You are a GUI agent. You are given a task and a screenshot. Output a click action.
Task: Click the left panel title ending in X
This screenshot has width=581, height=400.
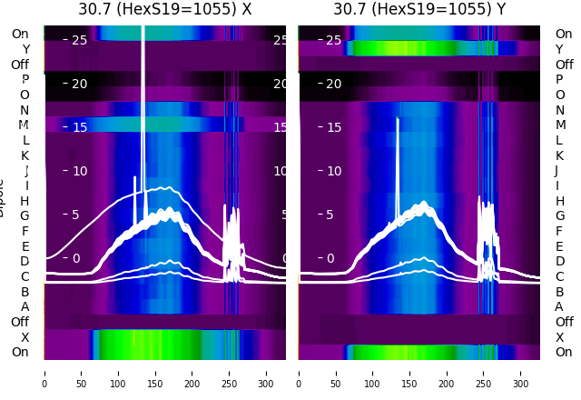[164, 9]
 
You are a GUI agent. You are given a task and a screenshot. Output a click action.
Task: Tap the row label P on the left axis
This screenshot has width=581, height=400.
[25, 80]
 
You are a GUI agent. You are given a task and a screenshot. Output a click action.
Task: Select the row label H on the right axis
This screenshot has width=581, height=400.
[559, 201]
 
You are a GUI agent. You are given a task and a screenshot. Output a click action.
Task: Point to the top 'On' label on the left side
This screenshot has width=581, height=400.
[19, 34]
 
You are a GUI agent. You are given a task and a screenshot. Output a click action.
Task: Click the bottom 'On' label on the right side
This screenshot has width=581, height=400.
[564, 352]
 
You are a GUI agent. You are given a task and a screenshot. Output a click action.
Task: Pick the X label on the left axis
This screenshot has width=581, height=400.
[25, 337]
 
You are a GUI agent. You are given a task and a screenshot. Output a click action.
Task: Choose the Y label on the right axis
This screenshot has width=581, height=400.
[559, 49]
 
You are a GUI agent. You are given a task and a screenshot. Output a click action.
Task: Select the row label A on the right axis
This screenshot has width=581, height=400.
[559, 306]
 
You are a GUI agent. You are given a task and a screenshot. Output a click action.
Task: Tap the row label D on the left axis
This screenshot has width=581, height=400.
[25, 262]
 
